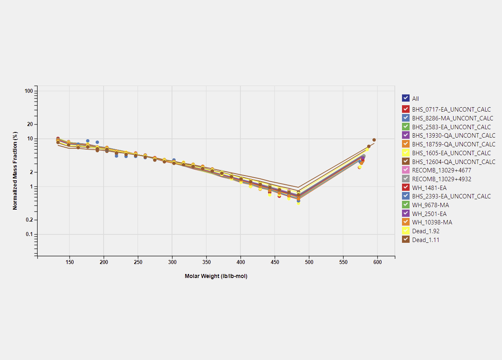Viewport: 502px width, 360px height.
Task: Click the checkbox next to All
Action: (406, 98)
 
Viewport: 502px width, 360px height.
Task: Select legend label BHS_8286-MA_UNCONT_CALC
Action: (452, 118)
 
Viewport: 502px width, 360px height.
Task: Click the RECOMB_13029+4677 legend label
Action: (442, 170)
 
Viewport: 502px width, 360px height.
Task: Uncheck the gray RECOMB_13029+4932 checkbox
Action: (406, 179)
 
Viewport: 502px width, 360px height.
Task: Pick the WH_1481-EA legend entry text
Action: (429, 188)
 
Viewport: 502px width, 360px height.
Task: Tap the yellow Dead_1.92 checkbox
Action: (406, 231)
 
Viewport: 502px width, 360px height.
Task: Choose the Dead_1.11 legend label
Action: (426, 240)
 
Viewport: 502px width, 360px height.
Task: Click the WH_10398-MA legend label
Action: (432, 222)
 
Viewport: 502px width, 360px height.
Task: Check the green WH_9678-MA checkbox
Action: (406, 205)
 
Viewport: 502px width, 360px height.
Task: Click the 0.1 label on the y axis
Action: (29, 234)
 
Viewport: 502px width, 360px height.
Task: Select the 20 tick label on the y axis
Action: (30, 124)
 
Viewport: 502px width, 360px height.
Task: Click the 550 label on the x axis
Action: (343, 262)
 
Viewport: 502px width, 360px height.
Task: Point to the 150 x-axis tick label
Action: (70, 262)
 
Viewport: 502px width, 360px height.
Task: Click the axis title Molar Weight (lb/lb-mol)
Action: (216, 276)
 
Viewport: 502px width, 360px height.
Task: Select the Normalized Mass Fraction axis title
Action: (15, 170)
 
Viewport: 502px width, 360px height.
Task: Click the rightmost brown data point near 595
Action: (374, 140)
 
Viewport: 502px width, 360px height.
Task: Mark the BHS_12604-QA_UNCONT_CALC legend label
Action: (454, 162)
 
